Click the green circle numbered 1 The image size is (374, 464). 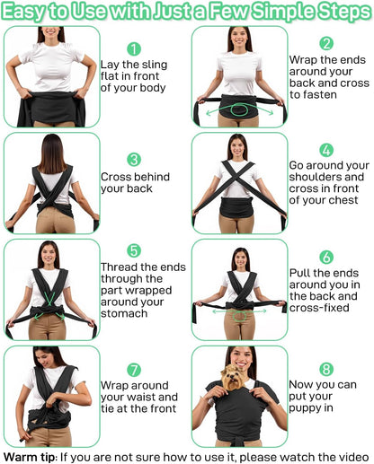point(134,48)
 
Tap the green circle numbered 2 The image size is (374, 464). point(326,43)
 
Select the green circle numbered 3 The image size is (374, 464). point(134,160)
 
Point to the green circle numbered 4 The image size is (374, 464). point(326,150)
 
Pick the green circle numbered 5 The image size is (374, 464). point(134,250)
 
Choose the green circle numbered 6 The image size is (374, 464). point(326,257)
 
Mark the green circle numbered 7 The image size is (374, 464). point(134,370)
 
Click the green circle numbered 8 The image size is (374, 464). point(326,369)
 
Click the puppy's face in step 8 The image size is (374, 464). point(233,378)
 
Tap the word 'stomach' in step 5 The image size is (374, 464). point(124,313)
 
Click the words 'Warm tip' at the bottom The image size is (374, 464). point(30,457)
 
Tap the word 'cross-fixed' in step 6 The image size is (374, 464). point(319,308)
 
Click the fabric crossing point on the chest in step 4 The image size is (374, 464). point(236,178)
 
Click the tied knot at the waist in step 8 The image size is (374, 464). point(238,442)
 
